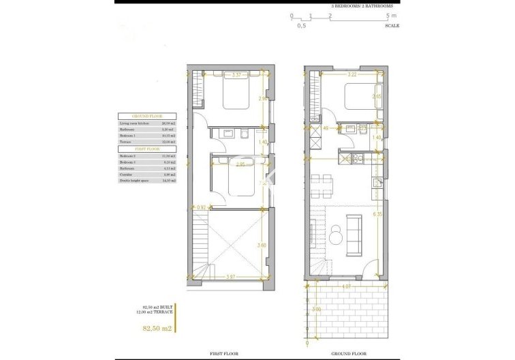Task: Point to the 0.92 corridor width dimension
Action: [x=201, y=207]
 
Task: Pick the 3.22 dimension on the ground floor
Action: [x=352, y=74]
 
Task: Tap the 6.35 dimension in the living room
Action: [x=377, y=214]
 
